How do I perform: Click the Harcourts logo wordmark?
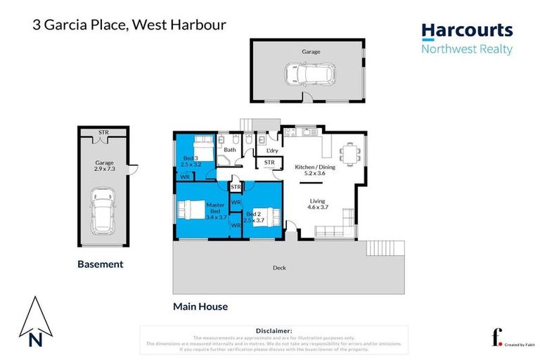pyautogui.click(x=467, y=31)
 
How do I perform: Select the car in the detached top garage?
pyautogui.click(x=307, y=72)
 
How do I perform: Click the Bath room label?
pyautogui.click(x=229, y=150)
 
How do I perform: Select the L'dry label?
pyautogui.click(x=271, y=150)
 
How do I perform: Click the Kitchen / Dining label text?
pyautogui.click(x=314, y=168)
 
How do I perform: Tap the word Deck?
pyautogui.click(x=279, y=268)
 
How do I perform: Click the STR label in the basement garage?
pyautogui.click(x=103, y=132)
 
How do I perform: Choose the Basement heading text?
pyautogui.click(x=100, y=264)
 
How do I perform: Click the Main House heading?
pyautogui.click(x=200, y=307)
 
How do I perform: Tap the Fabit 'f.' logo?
pyautogui.click(x=496, y=338)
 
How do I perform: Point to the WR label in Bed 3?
pyautogui.click(x=184, y=177)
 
